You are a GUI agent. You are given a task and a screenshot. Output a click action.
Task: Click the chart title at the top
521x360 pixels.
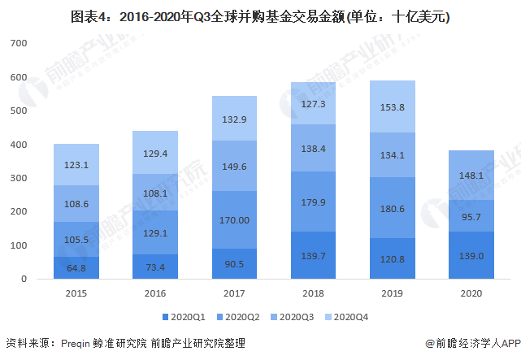pyautogui.click(x=260, y=15)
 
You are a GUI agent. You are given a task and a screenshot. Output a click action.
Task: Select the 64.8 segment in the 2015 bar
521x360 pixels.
pyautogui.click(x=76, y=267)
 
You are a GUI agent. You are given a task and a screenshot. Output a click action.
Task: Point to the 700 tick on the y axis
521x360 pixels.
pyautogui.click(x=19, y=44)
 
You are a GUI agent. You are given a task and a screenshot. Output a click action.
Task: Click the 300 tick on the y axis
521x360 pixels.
pyautogui.click(x=19, y=178)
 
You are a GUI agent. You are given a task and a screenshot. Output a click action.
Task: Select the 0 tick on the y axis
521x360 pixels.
pyautogui.click(x=24, y=279)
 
